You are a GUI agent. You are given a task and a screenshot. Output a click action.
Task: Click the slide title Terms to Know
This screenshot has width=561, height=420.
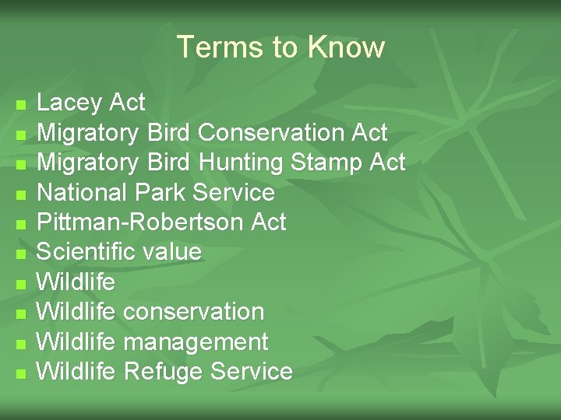click(x=280, y=47)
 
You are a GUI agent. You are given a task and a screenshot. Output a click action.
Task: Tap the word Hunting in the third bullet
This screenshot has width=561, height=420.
click(x=242, y=163)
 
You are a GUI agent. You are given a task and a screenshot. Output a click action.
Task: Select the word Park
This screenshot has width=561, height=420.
click(x=162, y=192)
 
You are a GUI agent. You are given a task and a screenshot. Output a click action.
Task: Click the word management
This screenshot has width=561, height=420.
click(x=196, y=342)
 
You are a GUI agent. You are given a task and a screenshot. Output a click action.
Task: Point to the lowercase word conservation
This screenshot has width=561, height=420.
click(x=194, y=312)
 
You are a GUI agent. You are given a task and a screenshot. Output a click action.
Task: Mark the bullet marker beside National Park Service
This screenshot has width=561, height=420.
click(x=21, y=194)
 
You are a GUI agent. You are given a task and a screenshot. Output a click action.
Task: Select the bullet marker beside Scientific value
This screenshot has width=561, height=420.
click(x=21, y=254)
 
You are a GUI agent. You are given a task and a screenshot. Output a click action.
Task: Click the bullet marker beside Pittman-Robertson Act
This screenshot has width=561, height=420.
click(x=21, y=224)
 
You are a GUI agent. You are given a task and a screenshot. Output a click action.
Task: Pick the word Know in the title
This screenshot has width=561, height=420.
click(x=346, y=47)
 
